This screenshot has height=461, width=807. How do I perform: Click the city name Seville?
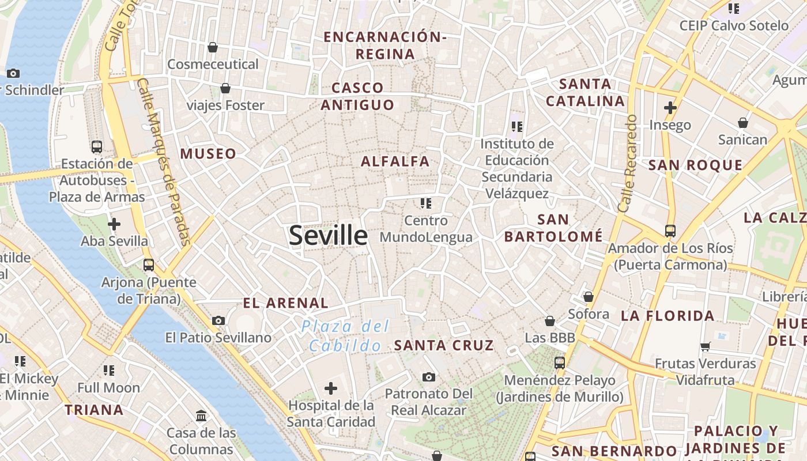[328, 235]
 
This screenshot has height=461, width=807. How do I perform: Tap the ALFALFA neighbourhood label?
[395, 161]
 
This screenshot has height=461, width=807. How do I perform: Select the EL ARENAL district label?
[285, 303]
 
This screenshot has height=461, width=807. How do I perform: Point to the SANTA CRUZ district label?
[444, 345]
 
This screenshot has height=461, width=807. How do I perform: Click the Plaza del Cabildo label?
[345, 336]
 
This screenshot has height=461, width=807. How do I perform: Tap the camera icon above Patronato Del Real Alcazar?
[428, 377]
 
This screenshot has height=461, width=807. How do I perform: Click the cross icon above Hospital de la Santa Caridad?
[331, 388]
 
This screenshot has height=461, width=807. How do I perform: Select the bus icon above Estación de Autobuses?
[97, 146]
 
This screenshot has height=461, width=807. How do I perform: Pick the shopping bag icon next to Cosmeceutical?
[213, 47]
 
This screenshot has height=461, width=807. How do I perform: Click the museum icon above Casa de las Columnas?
[202, 415]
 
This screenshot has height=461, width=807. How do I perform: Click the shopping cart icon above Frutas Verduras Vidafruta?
[706, 346]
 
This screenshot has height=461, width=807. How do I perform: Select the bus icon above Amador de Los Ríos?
[670, 231]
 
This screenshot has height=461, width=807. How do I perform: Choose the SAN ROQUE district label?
[695, 165]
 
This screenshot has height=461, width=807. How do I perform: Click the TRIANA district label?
[94, 410]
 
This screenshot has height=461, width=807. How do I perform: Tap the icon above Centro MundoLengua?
[426, 203]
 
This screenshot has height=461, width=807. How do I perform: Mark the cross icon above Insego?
[670, 107]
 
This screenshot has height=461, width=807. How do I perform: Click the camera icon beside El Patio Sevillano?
[218, 320]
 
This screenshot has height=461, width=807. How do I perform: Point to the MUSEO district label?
[208, 153]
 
